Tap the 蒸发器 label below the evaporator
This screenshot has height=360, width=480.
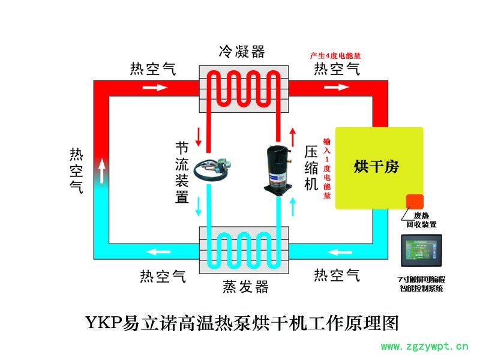(x=245, y=287)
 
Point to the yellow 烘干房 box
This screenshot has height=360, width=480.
(x=379, y=167)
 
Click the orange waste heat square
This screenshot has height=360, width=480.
(x=415, y=202)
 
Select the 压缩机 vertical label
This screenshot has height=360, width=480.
(x=311, y=167)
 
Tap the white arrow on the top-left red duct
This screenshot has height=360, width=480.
(x=155, y=88)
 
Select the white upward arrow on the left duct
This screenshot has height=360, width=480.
(x=102, y=170)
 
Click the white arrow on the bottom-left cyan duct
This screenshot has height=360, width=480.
(x=159, y=251)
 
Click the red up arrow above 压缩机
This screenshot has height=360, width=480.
(x=293, y=136)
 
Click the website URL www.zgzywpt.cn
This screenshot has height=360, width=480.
(x=424, y=346)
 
